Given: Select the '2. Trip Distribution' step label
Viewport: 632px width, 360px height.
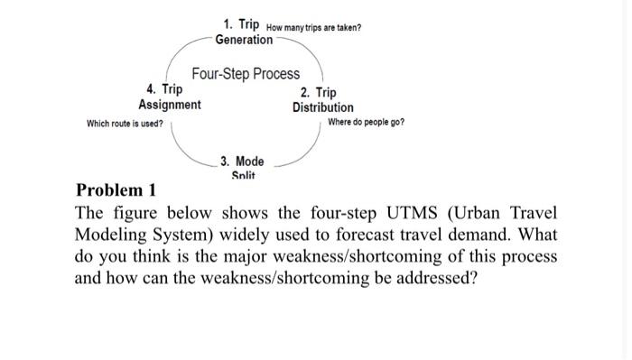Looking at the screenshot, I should (322, 100).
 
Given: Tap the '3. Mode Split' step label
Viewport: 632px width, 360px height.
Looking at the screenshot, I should (242, 168).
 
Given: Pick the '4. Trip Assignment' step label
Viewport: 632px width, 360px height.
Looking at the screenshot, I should (170, 97).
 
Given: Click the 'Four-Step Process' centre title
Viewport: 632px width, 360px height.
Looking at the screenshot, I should (246, 74).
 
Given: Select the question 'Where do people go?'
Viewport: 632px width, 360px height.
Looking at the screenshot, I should (366, 122).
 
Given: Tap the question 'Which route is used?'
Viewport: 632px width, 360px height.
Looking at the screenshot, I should (125, 123).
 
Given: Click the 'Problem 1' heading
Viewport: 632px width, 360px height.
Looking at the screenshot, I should (116, 190).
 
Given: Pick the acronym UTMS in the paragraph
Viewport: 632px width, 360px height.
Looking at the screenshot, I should (382, 214).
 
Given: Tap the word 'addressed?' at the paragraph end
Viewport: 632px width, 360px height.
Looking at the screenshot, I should (434, 278).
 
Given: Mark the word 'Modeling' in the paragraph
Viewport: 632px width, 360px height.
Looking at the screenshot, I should (110, 235).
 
